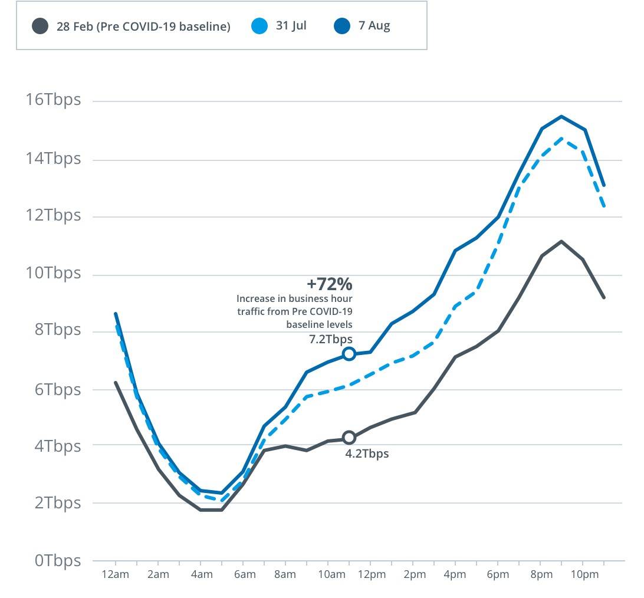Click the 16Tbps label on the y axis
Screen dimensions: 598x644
(52, 99)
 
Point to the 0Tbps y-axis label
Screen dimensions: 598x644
(57, 560)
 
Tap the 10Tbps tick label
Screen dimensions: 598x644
(52, 272)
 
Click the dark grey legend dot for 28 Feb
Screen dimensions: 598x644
(40, 27)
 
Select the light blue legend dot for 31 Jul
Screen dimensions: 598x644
(259, 27)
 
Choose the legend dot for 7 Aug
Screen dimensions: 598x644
(342, 27)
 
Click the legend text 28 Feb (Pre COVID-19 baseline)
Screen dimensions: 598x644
(143, 27)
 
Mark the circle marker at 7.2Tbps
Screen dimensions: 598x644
(349, 354)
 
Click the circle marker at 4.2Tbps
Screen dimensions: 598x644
(349, 438)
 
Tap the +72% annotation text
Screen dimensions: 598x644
(329, 284)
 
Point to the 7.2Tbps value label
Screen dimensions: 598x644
(331, 339)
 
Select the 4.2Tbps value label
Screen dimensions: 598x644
(367, 454)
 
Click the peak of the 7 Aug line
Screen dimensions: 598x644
(561, 116)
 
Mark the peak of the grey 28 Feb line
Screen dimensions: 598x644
(561, 241)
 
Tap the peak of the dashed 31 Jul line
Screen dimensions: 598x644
(561, 139)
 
